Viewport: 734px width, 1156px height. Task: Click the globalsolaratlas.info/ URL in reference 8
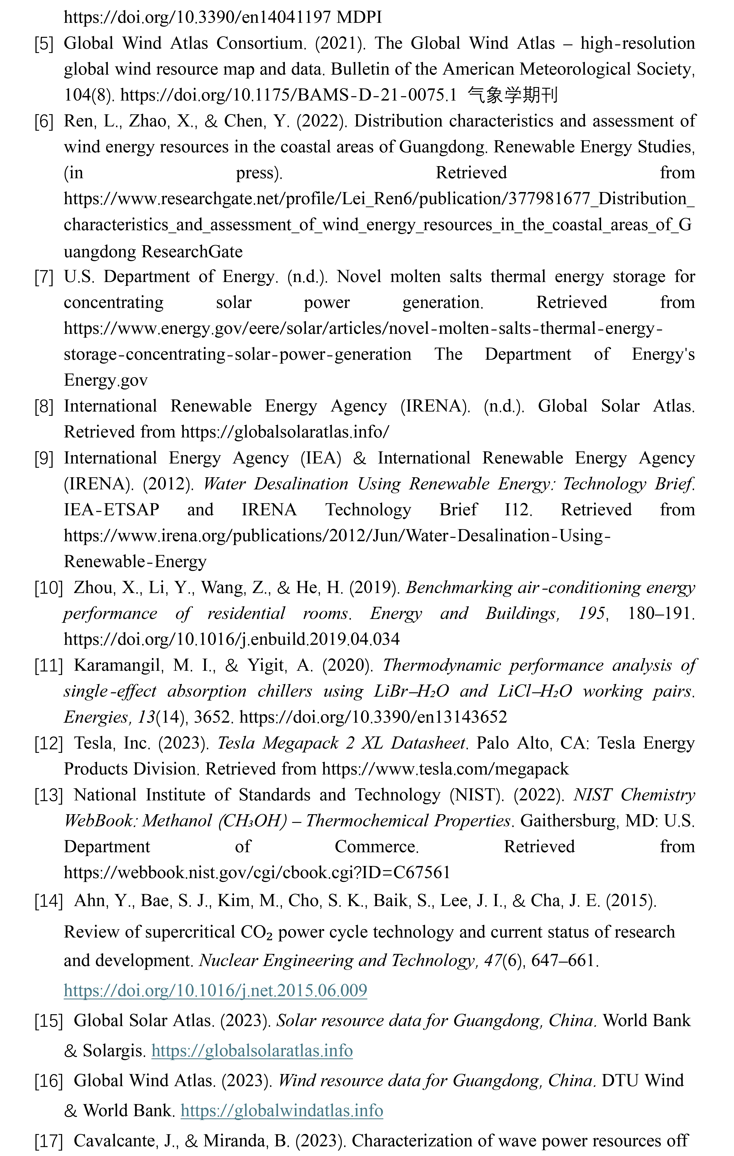pos(285,432)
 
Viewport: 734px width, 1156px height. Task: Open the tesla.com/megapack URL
pos(445,769)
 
